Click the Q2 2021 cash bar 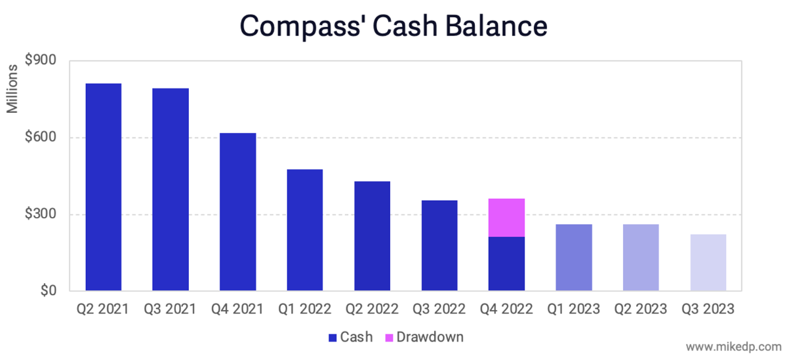click(x=104, y=187)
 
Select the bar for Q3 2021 click(x=171, y=190)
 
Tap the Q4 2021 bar click(x=238, y=212)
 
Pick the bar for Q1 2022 click(x=305, y=230)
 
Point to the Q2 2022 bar click(x=372, y=236)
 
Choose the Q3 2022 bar click(x=439, y=245)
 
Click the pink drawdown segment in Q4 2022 click(x=506, y=218)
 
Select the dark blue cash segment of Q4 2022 click(x=506, y=264)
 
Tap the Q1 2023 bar click(x=574, y=258)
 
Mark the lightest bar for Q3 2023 click(x=708, y=262)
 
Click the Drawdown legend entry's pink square click(x=389, y=338)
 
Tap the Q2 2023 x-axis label click(x=640, y=308)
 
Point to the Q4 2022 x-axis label click(x=506, y=308)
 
